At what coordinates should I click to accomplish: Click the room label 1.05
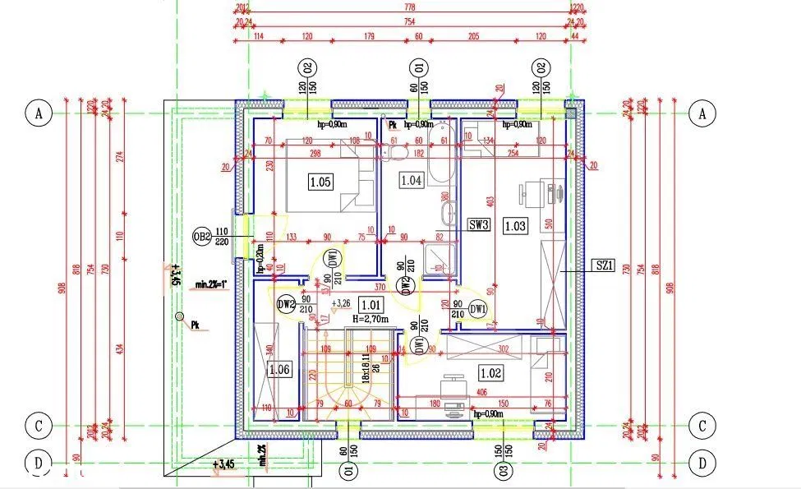321,182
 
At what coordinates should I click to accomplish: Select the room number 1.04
410,179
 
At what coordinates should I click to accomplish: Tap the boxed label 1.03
515,224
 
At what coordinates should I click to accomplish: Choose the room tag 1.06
279,369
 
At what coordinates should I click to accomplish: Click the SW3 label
479,224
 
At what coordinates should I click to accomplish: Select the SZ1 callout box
605,265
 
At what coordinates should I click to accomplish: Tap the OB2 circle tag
202,237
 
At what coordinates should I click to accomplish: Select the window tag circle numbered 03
499,471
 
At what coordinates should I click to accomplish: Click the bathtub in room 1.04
442,153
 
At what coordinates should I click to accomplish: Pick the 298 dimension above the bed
309,153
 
